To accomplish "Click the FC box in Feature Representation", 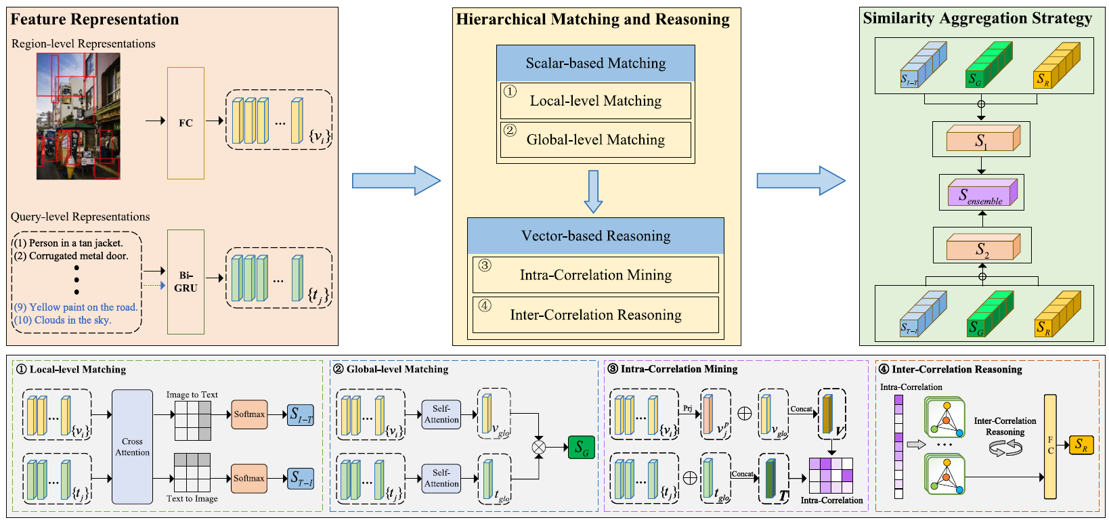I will [186, 123].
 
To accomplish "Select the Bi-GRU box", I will [186, 282].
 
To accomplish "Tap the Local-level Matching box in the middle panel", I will [595, 101].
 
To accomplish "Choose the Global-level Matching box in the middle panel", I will [595, 139].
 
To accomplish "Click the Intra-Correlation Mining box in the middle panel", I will [595, 275].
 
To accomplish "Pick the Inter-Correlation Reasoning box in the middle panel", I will [595, 315].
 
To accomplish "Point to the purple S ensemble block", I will [981, 194].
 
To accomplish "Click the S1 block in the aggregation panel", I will [981, 139].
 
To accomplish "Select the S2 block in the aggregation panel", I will [982, 248].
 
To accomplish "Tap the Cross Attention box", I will [132, 447].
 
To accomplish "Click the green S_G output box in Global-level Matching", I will [581, 448].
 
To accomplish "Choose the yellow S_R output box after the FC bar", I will [1081, 445].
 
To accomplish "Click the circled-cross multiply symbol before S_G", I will [539, 447].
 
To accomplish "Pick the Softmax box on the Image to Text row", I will [249, 414].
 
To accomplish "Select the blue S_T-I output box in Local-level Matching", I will [301, 479].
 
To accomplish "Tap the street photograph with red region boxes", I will [78, 116].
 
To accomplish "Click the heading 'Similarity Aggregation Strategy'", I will [977, 19].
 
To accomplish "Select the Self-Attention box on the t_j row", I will [441, 478].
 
